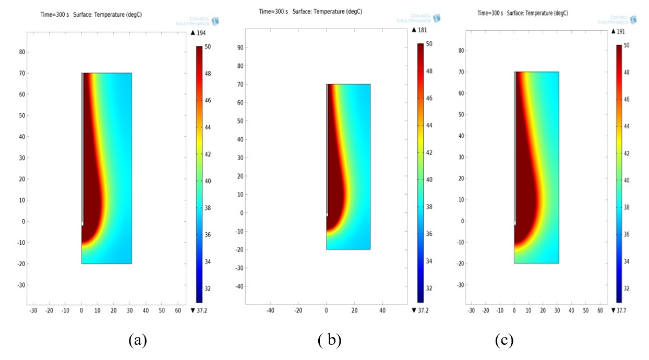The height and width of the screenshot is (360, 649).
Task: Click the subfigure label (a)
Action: pyautogui.click(x=138, y=341)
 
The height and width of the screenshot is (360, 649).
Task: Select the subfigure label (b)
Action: pyautogui.click(x=329, y=341)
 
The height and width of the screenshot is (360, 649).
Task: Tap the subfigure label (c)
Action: pyautogui.click(x=504, y=341)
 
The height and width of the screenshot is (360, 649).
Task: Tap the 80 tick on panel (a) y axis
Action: pyautogui.click(x=22, y=52)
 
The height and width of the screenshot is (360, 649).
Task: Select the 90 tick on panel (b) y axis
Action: pyautogui.click(x=241, y=47)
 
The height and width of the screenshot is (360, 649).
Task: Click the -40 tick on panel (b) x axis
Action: pyautogui.click(x=270, y=310)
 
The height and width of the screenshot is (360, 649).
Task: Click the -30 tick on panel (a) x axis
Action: pyautogui.click(x=33, y=310)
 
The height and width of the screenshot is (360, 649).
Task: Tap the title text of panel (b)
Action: pyautogui.click(x=310, y=11)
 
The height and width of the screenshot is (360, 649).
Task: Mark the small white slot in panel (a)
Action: pyautogui.click(x=82, y=223)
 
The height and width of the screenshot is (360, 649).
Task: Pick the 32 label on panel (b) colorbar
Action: pyautogui.click(x=429, y=288)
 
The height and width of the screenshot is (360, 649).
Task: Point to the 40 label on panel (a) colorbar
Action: pyautogui.click(x=207, y=181)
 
